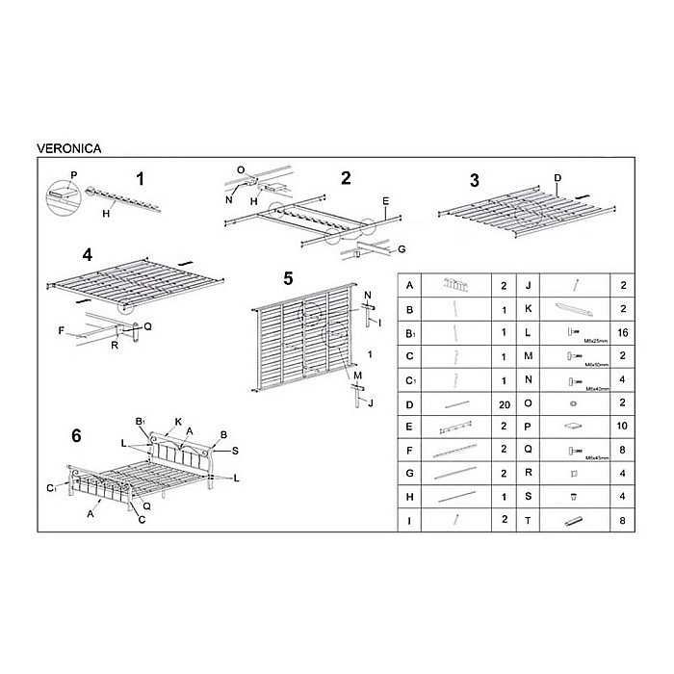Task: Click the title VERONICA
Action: [68, 149]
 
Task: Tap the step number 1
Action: [141, 179]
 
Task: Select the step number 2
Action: [346, 177]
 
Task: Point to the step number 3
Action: [474, 180]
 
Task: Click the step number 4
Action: [87, 255]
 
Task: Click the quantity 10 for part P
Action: [624, 425]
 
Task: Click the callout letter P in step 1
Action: [73, 176]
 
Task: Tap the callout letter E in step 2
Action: [384, 202]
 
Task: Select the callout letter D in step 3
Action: [557, 177]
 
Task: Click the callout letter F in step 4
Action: [61, 330]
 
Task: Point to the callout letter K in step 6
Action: [178, 421]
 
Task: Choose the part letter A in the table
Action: [410, 285]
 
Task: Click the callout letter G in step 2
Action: [401, 248]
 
